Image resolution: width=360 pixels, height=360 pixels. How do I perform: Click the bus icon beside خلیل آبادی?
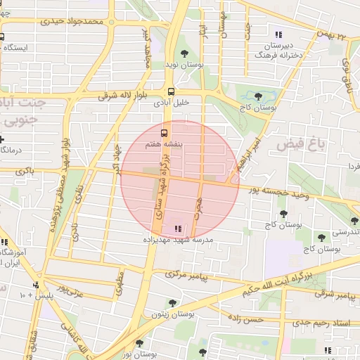pyautogui.click(x=171, y=91)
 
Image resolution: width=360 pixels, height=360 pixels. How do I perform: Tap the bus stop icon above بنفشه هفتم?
pyautogui.click(x=164, y=133)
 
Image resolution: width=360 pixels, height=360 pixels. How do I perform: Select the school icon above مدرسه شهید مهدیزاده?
pyautogui.click(x=176, y=229)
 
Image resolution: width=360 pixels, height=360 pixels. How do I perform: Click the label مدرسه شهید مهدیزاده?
pyautogui.click(x=179, y=240)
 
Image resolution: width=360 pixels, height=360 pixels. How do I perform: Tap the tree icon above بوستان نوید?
pyautogui.click(x=184, y=53)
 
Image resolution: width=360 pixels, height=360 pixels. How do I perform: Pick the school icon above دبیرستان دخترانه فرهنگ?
pyautogui.click(x=278, y=34)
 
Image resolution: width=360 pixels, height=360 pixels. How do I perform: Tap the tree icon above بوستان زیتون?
pyautogui.click(x=172, y=303)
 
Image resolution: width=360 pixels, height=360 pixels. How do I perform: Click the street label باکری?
pyautogui.click(x=24, y=170)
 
